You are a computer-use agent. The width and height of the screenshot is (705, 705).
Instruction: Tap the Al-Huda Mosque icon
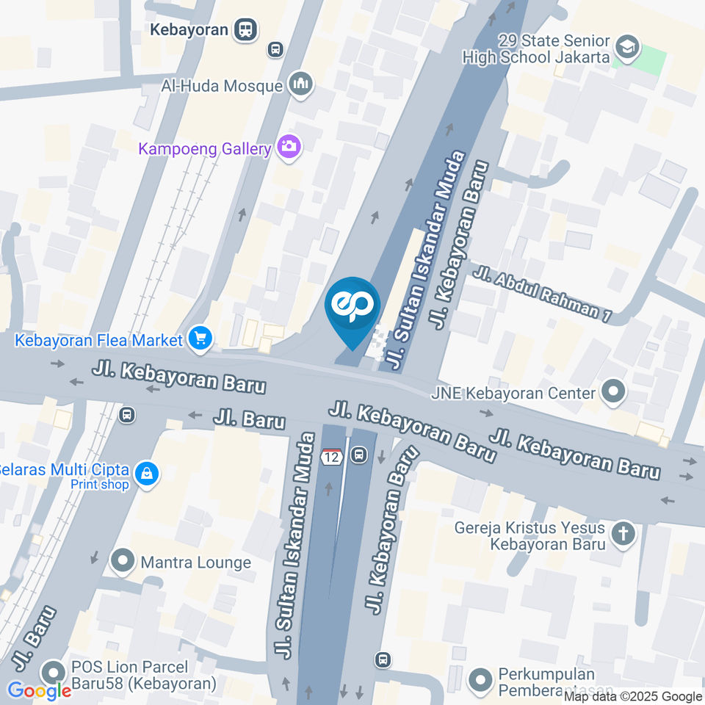point(301,85)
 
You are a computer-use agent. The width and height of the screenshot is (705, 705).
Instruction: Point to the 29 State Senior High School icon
point(626,48)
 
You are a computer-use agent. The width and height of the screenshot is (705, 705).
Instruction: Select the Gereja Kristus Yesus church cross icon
point(623,535)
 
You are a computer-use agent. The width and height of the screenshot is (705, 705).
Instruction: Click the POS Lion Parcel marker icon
point(53,673)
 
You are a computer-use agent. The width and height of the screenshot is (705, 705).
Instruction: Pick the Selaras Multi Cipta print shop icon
point(148,474)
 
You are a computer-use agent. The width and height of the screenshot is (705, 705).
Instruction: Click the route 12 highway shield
point(331,456)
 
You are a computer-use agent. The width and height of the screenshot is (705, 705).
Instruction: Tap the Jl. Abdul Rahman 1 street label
point(543,295)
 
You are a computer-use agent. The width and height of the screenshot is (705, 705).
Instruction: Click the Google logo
point(39,690)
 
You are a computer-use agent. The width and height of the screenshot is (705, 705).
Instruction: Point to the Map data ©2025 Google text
point(633,696)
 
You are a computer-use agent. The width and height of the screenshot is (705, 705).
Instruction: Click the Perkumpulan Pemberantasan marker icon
point(480,679)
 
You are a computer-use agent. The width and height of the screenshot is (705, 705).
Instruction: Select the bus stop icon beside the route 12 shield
point(358,456)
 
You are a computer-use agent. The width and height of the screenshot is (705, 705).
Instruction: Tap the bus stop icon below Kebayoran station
point(275,50)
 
